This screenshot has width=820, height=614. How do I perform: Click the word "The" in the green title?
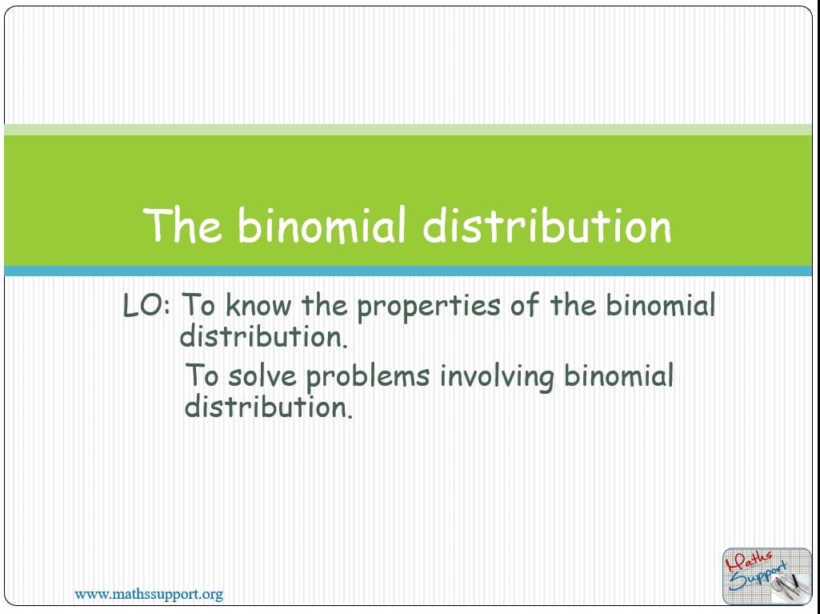[182, 225]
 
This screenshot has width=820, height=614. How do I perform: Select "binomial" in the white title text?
[322, 225]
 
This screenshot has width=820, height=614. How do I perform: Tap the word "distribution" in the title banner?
[546, 225]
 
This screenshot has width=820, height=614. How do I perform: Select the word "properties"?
[428, 307]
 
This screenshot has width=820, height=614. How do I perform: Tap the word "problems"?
[368, 378]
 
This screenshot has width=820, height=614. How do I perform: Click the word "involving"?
[496, 378]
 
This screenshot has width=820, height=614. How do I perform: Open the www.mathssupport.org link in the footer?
[149, 595]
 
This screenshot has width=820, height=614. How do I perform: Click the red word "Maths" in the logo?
[748, 562]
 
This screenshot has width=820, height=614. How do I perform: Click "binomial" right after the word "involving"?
[618, 375]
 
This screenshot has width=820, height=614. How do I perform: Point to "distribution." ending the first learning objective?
[263, 336]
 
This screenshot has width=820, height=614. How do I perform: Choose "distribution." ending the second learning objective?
[269, 407]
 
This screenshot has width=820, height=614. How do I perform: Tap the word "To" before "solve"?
[202, 375]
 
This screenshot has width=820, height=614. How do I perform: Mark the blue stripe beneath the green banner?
[408, 271]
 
